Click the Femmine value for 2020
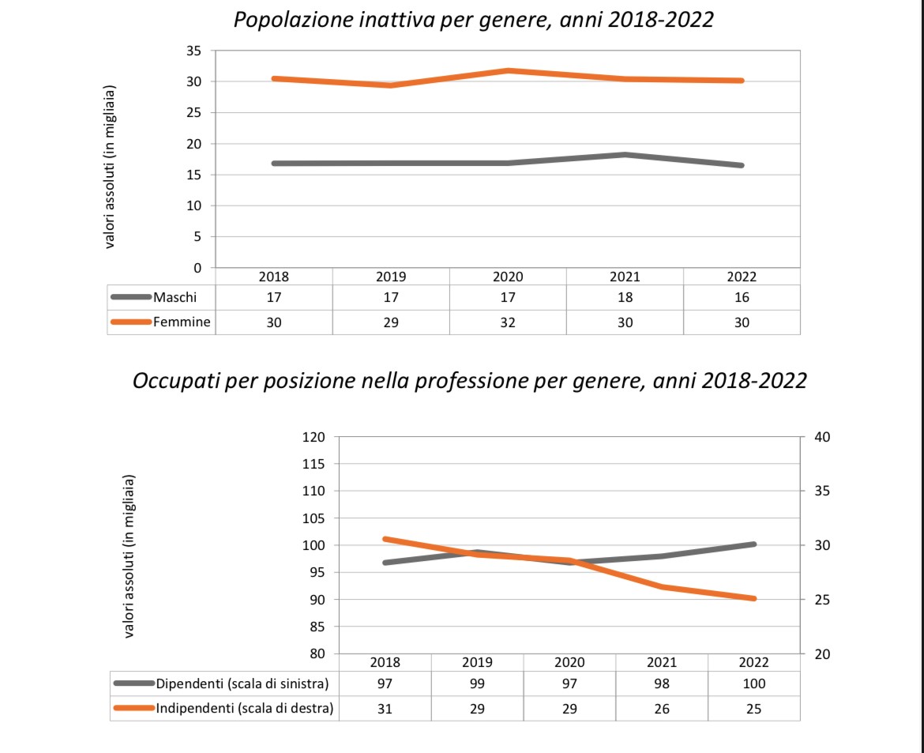click(508, 322)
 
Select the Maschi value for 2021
click(625, 298)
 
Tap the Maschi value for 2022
click(742, 298)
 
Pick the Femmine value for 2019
click(391, 322)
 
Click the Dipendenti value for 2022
click(753, 684)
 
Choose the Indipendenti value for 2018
click(385, 709)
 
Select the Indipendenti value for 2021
click(662, 709)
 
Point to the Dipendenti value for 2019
click(477, 684)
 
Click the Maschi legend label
click(175, 297)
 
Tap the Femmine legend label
click(182, 322)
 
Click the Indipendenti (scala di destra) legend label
click(245, 708)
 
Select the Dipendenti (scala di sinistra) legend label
click(242, 683)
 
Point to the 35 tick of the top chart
click(193, 51)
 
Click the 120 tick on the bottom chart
click(314, 438)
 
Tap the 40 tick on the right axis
click(822, 438)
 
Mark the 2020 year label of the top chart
click(508, 277)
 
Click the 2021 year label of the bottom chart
click(662, 662)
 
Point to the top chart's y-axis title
click(110, 167)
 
